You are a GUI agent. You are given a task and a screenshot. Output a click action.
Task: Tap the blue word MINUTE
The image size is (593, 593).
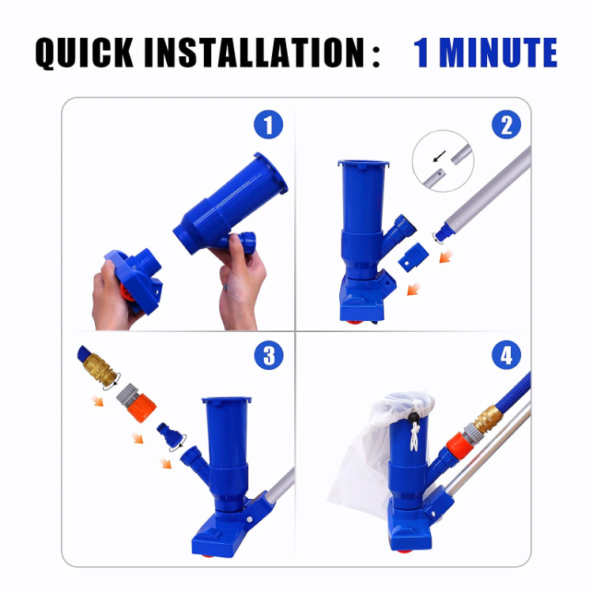(498, 54)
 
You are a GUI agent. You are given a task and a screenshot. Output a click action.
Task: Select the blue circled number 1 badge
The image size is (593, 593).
(268, 126)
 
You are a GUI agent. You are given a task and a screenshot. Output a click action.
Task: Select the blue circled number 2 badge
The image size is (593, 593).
(506, 126)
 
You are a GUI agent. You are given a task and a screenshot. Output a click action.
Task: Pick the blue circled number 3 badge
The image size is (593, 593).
(268, 355)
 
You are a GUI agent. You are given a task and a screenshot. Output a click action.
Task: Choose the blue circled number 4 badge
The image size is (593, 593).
(506, 355)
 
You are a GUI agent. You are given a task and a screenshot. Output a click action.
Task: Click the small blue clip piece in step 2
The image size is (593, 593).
(411, 257)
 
